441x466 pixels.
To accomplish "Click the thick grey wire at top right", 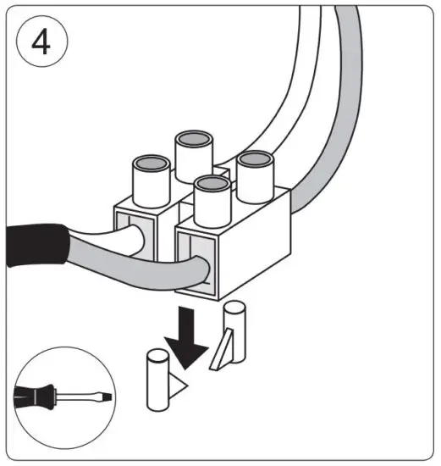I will (x=339, y=127).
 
